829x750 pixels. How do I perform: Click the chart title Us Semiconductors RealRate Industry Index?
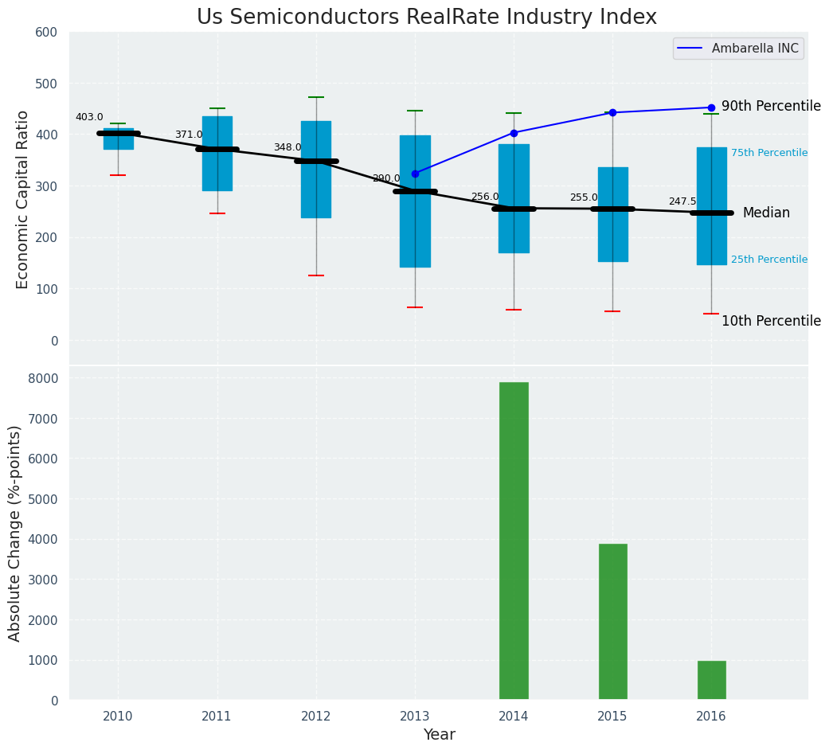pos(426,18)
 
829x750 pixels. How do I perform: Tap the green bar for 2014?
pos(514,541)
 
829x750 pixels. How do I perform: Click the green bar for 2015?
pos(612,622)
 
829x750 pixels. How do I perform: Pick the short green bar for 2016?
pos(711,681)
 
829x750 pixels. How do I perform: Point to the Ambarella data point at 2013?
pos(415,174)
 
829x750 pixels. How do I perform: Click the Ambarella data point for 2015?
pos(612,113)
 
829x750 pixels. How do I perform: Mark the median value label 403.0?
pos(89,117)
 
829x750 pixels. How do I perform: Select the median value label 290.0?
pos(386,178)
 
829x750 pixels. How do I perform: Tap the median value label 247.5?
pos(682,201)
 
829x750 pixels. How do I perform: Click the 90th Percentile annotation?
pos(770,106)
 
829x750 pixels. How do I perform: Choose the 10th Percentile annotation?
pos(770,321)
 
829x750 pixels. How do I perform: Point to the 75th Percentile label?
pos(768,153)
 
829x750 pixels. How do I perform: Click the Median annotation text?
pos(765,213)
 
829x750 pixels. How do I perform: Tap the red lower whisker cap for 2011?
pos(217,213)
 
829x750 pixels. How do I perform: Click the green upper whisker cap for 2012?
pos(316,97)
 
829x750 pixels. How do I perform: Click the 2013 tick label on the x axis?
pos(415,717)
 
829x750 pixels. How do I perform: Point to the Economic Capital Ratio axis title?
pos(22,199)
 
